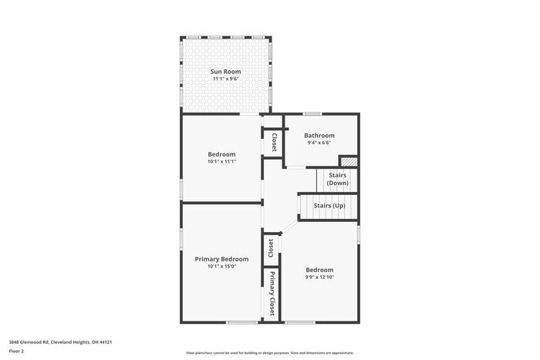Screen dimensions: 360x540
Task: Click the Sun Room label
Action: tap(225, 72)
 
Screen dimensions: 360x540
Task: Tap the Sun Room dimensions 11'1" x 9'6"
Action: tap(225, 79)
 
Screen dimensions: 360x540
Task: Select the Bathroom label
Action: tap(319, 135)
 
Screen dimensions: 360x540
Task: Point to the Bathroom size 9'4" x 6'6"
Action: tap(319, 143)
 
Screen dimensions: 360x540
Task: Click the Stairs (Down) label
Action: tap(337, 179)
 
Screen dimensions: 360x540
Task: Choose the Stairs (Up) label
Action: tap(329, 206)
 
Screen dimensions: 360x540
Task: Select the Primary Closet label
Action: tap(272, 294)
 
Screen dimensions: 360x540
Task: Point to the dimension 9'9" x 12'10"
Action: tap(319, 278)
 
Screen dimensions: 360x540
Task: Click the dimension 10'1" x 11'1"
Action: tap(221, 162)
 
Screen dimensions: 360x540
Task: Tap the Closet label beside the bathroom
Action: tap(274, 143)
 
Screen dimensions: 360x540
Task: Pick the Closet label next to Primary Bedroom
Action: tap(271, 247)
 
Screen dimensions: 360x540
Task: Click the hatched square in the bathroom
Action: tap(349, 161)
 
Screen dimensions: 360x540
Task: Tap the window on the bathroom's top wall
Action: tap(312, 114)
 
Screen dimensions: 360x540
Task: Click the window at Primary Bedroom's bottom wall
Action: tap(241, 321)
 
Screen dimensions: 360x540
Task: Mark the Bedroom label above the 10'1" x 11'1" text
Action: tap(221, 154)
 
